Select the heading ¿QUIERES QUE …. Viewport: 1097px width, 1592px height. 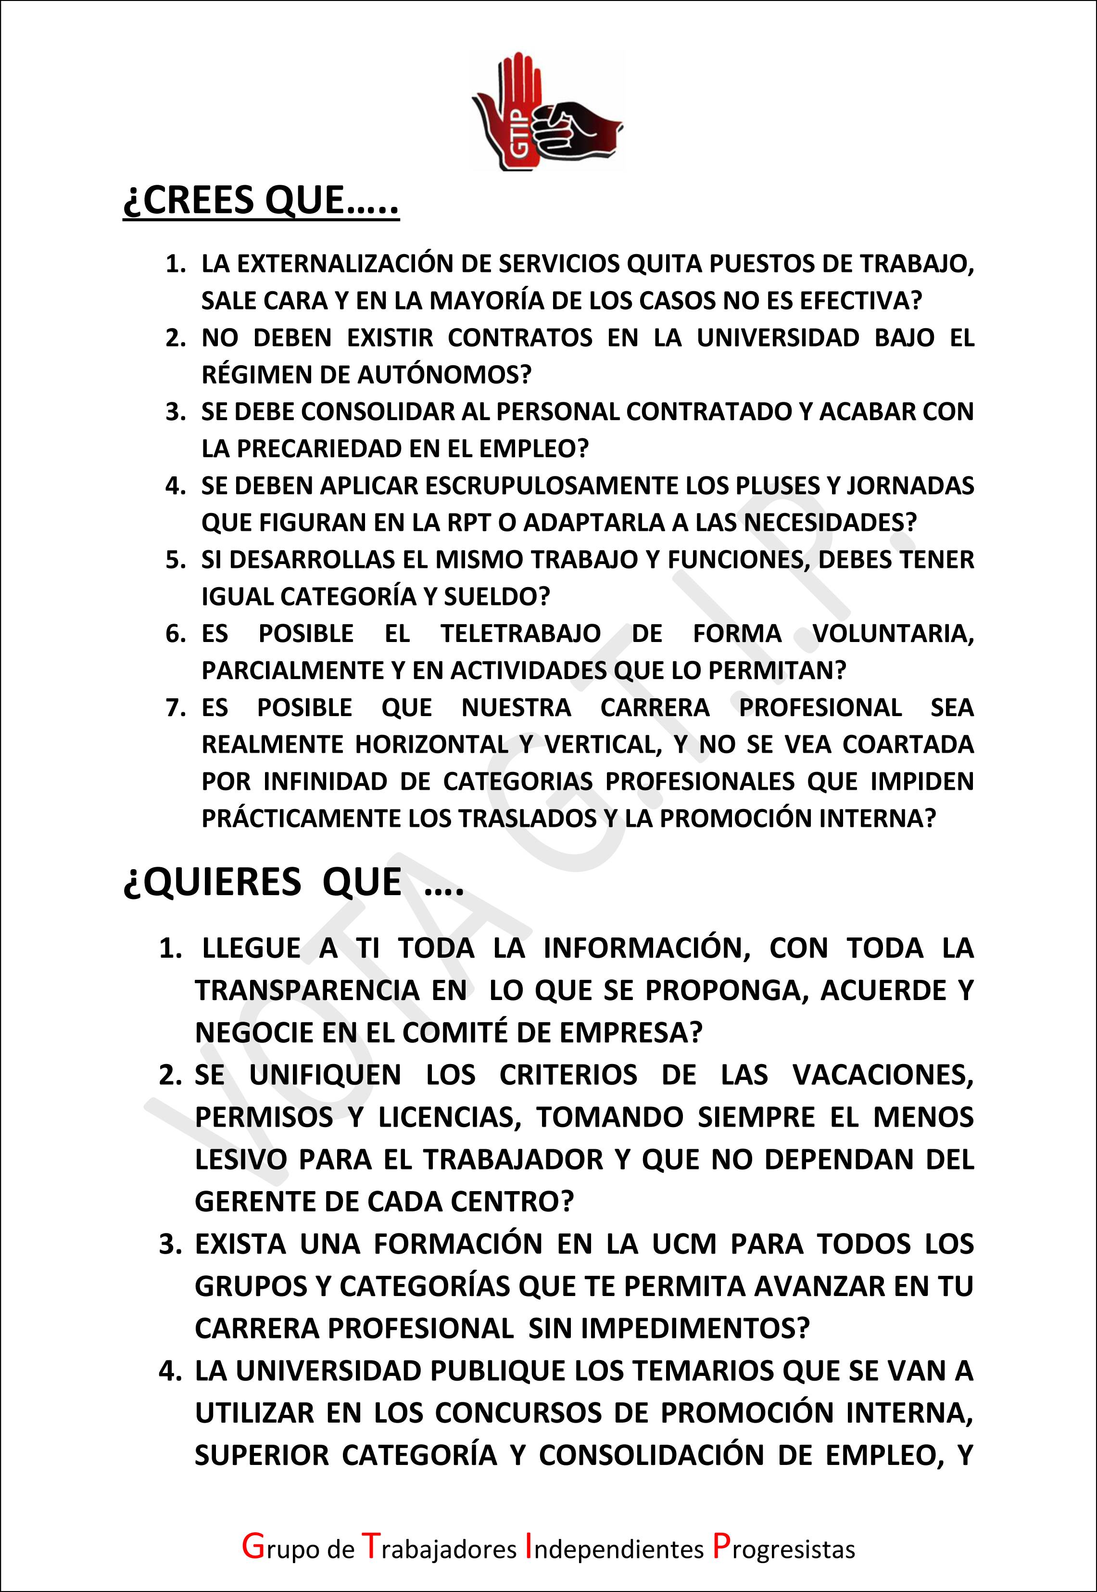(x=293, y=883)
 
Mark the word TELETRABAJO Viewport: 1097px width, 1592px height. (x=520, y=634)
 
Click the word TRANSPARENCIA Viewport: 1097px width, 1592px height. (x=306, y=991)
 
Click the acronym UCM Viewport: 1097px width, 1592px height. (x=684, y=1245)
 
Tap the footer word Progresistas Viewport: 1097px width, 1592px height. (x=783, y=1549)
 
